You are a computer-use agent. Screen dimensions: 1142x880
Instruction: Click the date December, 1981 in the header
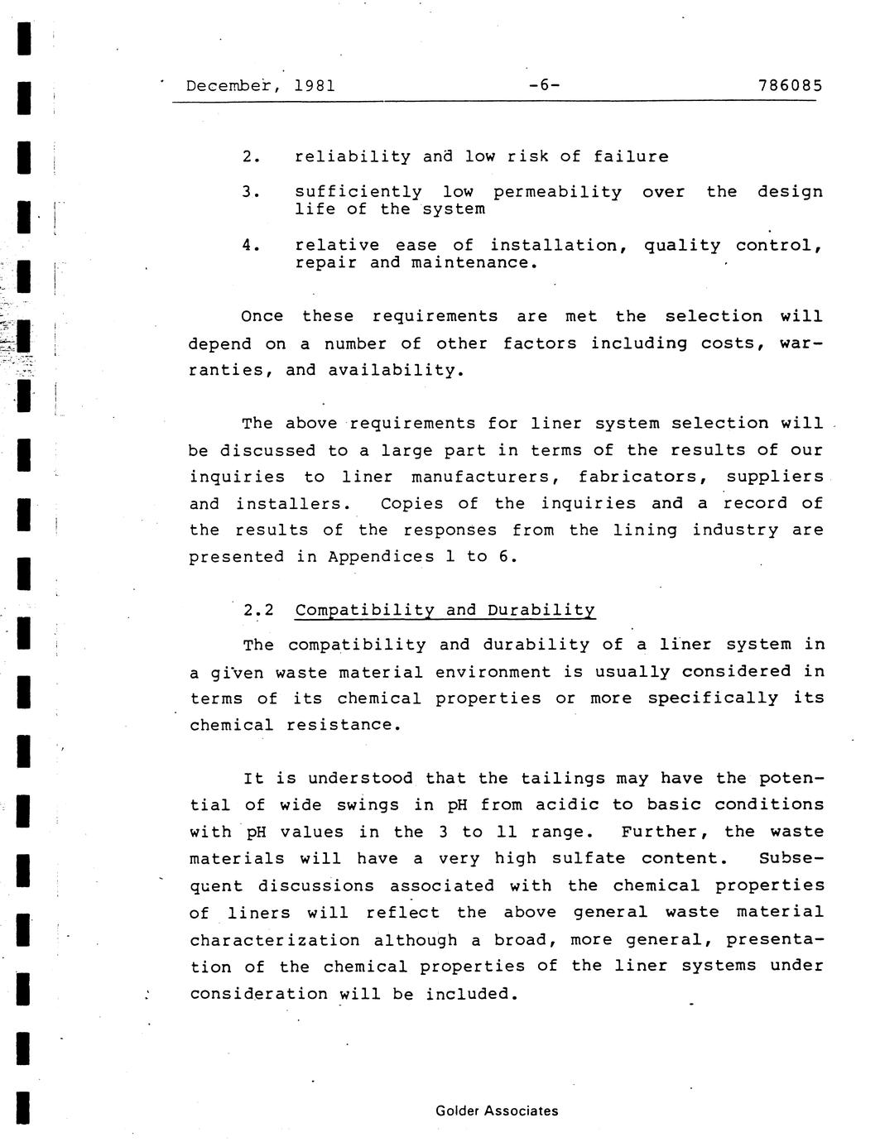[x=261, y=85]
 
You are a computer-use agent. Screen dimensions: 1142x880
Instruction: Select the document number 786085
[x=790, y=85]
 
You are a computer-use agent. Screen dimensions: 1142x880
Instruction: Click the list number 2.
[x=252, y=156]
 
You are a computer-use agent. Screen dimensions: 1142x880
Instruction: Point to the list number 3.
[x=252, y=192]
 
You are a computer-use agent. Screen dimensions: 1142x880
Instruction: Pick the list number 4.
[x=252, y=245]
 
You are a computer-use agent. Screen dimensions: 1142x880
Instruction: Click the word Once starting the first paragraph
[x=262, y=316]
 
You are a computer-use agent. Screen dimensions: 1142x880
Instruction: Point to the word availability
[x=395, y=370]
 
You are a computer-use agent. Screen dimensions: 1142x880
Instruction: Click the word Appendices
[x=381, y=557]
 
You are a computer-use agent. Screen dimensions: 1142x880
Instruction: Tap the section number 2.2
[x=258, y=611]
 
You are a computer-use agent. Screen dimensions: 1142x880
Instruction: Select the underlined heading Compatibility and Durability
[x=445, y=611]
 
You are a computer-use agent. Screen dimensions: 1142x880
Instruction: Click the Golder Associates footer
[x=497, y=1111]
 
